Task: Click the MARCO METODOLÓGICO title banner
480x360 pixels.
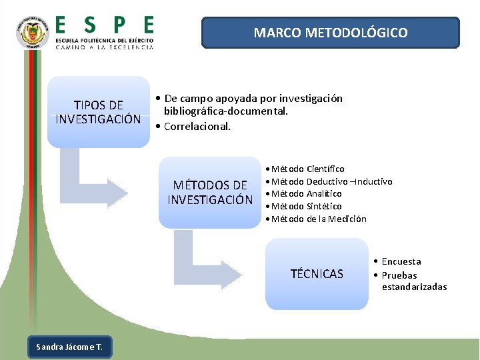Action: pos(331,33)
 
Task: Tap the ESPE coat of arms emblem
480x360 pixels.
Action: pos(33,32)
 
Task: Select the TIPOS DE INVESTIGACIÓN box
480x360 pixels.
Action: pos(99,112)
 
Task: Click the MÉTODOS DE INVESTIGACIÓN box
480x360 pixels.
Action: pos(210,193)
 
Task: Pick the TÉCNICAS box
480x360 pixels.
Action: pos(317,274)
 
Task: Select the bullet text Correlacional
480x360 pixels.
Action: pos(196,126)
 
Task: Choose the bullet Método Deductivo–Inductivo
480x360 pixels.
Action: pos(331,181)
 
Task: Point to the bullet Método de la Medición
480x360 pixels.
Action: pos(319,219)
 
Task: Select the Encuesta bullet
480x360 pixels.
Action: pos(401,262)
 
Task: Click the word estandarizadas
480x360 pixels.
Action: pos(414,287)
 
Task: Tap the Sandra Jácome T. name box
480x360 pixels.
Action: pos(69,347)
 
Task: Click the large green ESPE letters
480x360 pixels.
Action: pos(104,26)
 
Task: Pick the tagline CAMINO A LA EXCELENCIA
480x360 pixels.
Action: pos(104,48)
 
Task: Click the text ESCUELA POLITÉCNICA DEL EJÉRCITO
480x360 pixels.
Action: pos(104,41)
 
